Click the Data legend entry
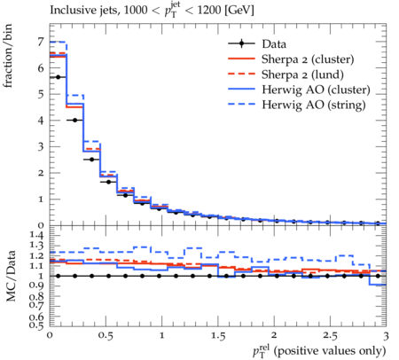coord(274,44)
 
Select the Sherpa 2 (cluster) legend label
coord(308,59)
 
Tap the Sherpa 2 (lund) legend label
coord(302,74)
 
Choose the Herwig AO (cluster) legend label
coord(316,90)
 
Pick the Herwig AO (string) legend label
coord(314,105)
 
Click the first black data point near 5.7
coord(58,77)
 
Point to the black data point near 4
coord(74,121)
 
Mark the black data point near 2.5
coord(91,160)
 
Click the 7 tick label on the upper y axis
coord(41,42)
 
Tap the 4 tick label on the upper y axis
coord(41,121)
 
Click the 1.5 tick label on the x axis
coord(218,336)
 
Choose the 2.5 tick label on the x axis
coord(330,336)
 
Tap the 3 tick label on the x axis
coord(386,336)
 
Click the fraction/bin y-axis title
coord(8,56)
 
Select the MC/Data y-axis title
coord(11,276)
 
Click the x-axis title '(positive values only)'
coord(330,351)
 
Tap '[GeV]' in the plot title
coord(239,11)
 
